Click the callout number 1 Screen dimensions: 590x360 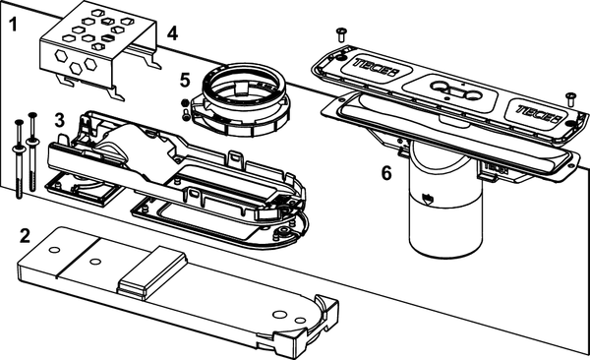tap(13, 25)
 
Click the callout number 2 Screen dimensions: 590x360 tap(25, 236)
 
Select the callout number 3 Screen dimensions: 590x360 tap(59, 120)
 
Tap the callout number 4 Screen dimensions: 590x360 tap(172, 33)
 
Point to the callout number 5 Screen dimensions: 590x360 tap(185, 81)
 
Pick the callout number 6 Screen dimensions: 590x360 tap(386, 173)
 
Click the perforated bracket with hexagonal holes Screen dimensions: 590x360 tap(98, 52)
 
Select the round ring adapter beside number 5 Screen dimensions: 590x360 tap(241, 99)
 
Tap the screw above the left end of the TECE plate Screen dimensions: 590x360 tap(341, 34)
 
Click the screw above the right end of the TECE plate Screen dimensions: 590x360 tap(571, 99)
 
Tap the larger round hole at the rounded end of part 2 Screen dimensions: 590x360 tap(279, 314)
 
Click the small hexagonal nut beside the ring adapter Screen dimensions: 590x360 tap(185, 103)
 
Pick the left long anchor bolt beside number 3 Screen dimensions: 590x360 tap(19, 159)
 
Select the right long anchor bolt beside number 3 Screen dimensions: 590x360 tap(32, 151)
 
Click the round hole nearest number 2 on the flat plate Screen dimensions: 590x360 tap(54, 250)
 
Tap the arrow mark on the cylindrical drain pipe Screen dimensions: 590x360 tap(428, 199)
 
